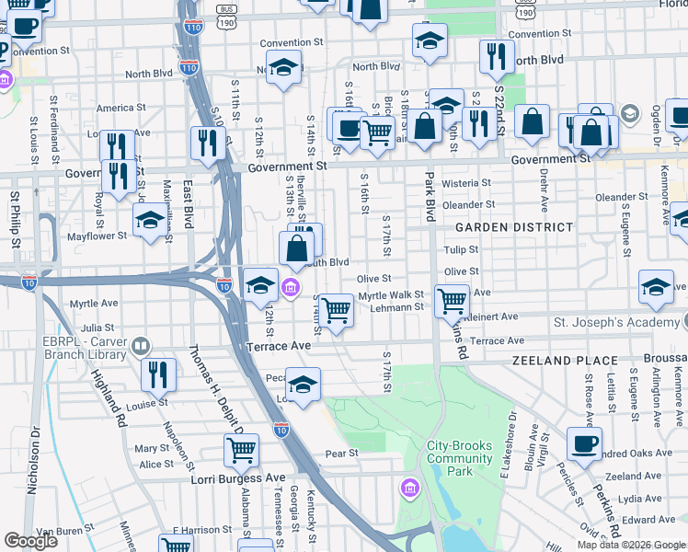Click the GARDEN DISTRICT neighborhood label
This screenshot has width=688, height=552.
point(509,227)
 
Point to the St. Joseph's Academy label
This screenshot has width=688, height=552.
point(615,323)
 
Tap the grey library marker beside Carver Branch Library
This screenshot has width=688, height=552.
point(141,346)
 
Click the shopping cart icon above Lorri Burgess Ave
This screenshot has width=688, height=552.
point(241,450)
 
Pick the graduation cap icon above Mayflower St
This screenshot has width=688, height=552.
point(151,220)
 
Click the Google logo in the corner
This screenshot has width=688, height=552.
point(31,541)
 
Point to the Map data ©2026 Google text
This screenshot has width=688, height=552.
point(631,545)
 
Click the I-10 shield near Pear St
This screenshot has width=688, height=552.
point(281,429)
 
